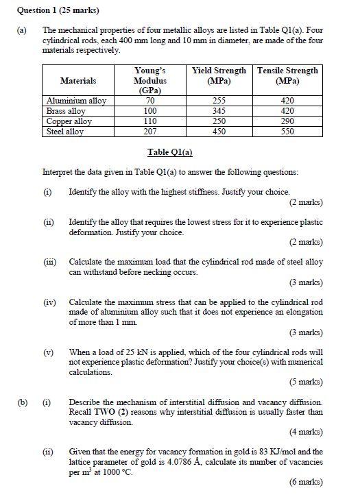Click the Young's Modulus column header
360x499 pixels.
click(150, 80)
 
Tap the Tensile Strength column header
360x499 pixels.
click(287, 75)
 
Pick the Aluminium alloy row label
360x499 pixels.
click(76, 101)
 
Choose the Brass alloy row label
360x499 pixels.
click(66, 111)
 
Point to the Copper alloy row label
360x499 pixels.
click(69, 121)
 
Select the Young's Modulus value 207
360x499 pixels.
click(150, 132)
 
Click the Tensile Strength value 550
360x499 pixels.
click(287, 132)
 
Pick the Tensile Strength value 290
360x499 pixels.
click(287, 121)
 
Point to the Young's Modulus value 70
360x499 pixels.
click(150, 101)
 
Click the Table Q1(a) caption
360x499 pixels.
click(170, 152)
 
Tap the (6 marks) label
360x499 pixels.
click(304, 482)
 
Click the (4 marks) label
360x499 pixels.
click(304, 432)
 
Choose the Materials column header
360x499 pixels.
click(78, 80)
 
